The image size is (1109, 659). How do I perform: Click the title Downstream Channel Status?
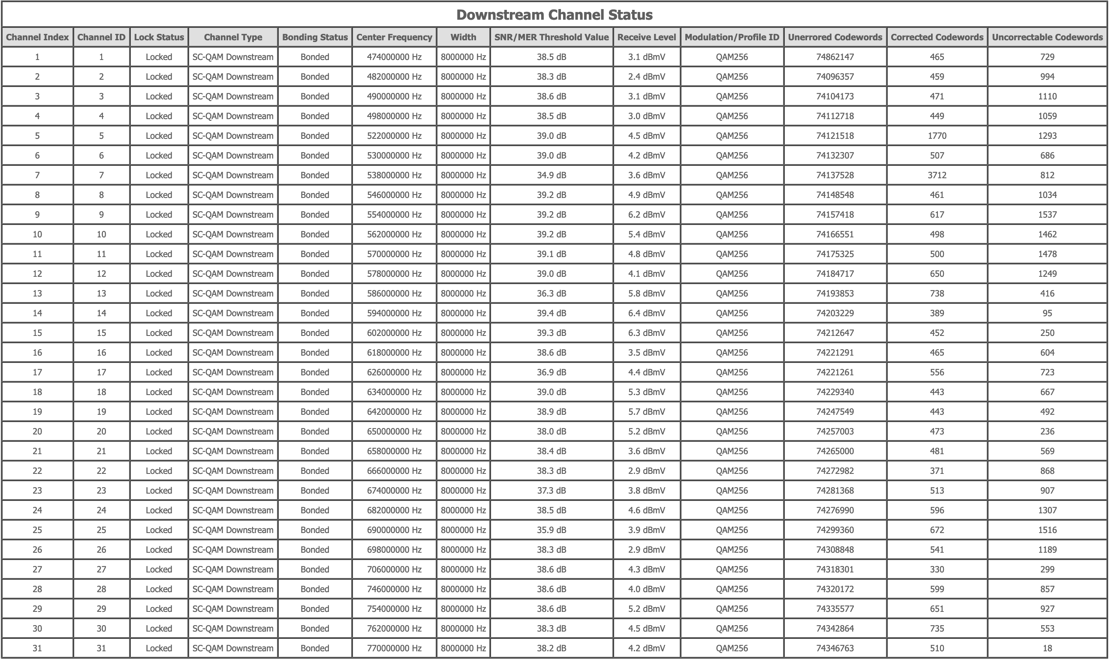click(554, 15)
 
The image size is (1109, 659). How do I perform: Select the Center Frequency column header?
click(394, 37)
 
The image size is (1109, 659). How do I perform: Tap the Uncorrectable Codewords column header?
click(1047, 37)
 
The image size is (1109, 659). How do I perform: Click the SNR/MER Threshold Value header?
click(551, 37)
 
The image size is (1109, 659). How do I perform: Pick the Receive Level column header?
click(646, 37)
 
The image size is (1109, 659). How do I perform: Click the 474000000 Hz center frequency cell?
click(394, 57)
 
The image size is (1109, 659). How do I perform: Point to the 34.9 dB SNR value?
click(551, 175)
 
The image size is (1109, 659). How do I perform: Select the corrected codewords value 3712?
click(937, 175)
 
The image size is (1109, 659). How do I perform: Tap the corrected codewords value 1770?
click(937, 136)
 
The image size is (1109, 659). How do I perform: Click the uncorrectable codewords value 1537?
click(1047, 215)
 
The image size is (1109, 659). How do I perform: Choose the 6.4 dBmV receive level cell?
click(646, 313)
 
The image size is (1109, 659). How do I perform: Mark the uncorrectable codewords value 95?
click(1047, 313)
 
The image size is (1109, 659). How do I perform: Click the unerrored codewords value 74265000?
click(835, 451)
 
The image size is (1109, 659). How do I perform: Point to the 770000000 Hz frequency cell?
click(394, 648)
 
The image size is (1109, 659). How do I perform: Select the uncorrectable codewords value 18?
click(1047, 648)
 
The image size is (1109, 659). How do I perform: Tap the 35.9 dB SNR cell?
click(551, 530)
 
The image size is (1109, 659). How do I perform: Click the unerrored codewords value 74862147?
click(835, 57)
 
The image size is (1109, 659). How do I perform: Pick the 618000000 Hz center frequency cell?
click(394, 353)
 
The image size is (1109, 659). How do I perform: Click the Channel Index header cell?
click(37, 37)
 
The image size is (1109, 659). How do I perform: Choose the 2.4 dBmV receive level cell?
click(646, 76)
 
